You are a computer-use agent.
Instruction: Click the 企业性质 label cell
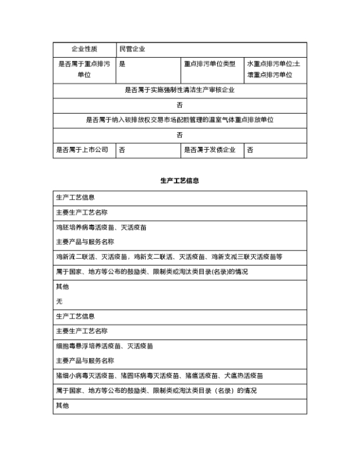click(x=84, y=49)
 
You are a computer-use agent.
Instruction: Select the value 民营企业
click(x=132, y=49)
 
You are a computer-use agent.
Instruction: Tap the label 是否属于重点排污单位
click(x=84, y=69)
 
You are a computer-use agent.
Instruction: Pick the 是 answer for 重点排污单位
click(x=122, y=64)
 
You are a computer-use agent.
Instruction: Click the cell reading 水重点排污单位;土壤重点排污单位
click(x=275, y=69)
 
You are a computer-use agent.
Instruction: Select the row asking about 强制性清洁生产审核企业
click(x=180, y=90)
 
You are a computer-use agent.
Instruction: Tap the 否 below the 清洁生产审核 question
click(x=180, y=105)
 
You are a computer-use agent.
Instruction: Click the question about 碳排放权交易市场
click(x=180, y=120)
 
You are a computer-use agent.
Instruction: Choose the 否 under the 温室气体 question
click(x=180, y=135)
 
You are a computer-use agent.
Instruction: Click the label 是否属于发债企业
click(x=210, y=150)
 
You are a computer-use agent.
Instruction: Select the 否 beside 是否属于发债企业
click(x=250, y=150)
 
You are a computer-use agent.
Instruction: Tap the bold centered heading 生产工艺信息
click(x=180, y=181)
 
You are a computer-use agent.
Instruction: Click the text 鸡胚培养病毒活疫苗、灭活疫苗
click(x=101, y=227)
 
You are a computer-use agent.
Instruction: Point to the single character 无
click(x=59, y=302)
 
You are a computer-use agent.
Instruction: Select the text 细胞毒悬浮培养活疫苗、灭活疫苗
click(x=104, y=346)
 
